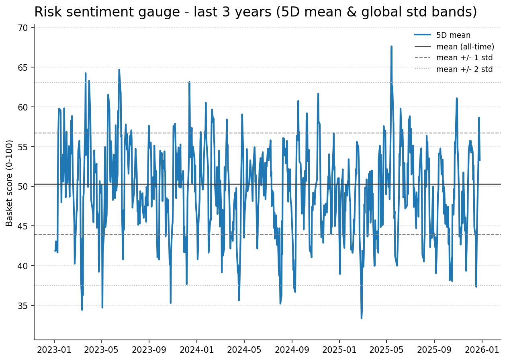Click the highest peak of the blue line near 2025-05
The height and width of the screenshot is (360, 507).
pos(391,46)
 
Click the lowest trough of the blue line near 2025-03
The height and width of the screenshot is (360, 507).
pos(361,318)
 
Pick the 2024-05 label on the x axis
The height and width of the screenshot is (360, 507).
pos(244,350)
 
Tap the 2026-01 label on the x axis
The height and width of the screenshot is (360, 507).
pos(482,350)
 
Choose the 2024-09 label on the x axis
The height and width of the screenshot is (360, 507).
pos(292,350)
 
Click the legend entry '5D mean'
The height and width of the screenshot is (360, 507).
pos(453,35)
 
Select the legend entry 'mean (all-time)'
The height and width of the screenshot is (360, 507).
pos(465,47)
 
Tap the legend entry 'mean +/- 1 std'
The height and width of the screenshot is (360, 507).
pos(464,58)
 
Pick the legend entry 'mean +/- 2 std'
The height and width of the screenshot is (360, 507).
pos(464,69)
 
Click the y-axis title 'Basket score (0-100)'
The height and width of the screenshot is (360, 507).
pos(10,183)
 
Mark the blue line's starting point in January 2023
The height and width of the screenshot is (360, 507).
pos(55,251)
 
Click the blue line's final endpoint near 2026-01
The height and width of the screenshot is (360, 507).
pos(480,160)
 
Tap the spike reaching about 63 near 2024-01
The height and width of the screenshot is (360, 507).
pos(189,82)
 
